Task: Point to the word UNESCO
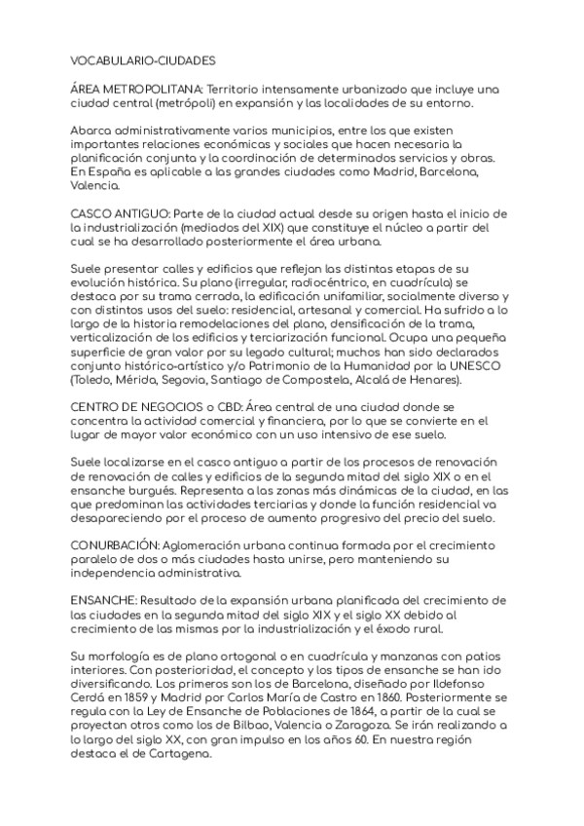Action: pos(447,365)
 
